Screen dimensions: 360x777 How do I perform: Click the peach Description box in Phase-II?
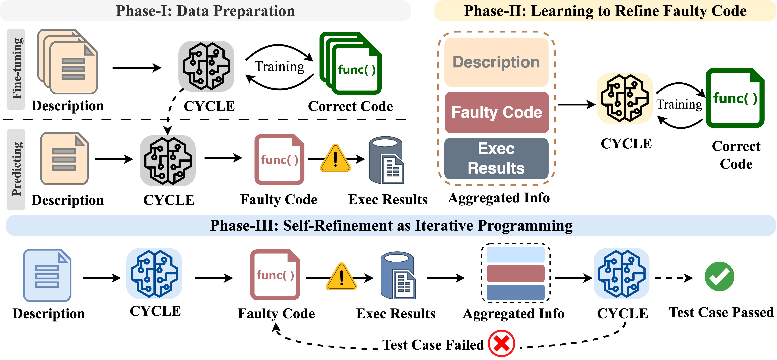coord(496,62)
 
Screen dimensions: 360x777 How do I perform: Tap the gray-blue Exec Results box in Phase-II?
coord(496,158)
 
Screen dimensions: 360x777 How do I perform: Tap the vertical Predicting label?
coord(17,169)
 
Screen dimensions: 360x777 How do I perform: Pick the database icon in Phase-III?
coord(398,276)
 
